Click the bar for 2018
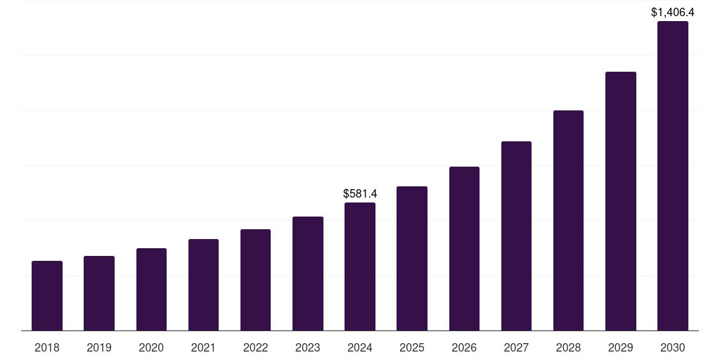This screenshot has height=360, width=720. coord(47,295)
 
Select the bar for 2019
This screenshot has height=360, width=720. coord(99,293)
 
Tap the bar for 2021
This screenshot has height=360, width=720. coord(203,285)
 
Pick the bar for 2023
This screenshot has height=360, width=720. coord(308,274)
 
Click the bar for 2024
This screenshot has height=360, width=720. coord(360,266)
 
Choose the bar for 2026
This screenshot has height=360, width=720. coord(464,248)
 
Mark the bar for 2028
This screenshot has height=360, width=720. coord(568,220)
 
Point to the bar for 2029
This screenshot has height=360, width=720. coord(620,201)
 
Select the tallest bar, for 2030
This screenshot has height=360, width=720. coord(673,176)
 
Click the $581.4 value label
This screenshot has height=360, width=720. coord(360,193)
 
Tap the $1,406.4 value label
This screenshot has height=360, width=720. coord(673,12)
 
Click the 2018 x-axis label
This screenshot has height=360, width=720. coord(47,347)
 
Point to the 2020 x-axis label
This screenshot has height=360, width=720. coord(151,347)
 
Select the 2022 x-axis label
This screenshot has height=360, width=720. coord(255,347)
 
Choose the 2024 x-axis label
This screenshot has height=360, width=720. coord(360,347)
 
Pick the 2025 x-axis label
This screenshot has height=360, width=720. coord(412,347)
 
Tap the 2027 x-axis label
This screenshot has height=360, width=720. coord(516,347)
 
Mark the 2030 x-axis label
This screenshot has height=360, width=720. coord(673,347)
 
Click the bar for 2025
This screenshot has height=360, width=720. coord(412,258)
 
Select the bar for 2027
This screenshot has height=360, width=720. coord(516,236)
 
